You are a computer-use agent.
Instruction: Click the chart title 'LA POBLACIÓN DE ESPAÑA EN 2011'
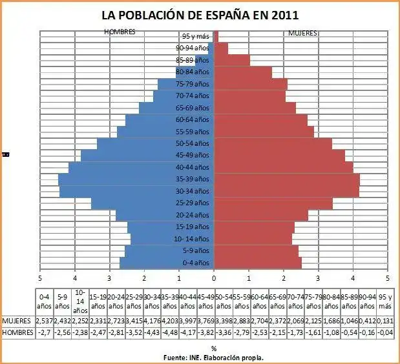point(200,14)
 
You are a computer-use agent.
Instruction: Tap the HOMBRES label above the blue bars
point(120,32)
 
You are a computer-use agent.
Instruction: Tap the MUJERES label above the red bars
point(302,32)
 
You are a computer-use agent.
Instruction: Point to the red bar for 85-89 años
point(231,60)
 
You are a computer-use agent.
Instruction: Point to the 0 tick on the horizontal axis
point(214,278)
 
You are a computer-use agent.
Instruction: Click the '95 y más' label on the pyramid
point(195,36)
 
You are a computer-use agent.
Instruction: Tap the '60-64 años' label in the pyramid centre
point(193,119)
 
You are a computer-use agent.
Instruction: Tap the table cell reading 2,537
point(44,321)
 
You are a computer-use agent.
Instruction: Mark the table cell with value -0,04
point(384,332)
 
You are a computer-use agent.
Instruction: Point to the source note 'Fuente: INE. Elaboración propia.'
point(214,356)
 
